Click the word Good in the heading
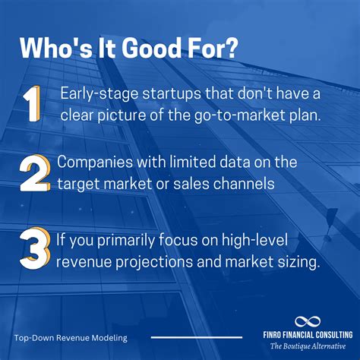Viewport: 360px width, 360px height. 152,48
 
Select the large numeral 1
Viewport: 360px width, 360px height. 31,103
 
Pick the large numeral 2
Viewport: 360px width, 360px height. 34,173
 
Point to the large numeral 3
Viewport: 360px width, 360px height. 34,250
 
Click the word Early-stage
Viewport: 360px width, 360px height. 99,94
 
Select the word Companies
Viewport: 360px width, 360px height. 95,163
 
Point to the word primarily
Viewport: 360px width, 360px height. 125,240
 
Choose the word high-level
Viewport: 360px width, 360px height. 254,240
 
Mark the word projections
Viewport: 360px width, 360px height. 154,262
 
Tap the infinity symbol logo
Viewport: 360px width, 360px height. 308,322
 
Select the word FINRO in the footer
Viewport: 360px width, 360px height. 272,335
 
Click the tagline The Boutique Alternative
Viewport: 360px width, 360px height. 308,346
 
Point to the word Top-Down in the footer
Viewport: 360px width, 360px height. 34,338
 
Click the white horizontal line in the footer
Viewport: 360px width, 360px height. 197,337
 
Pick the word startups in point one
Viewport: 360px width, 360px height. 172,94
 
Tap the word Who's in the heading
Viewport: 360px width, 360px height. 56,48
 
